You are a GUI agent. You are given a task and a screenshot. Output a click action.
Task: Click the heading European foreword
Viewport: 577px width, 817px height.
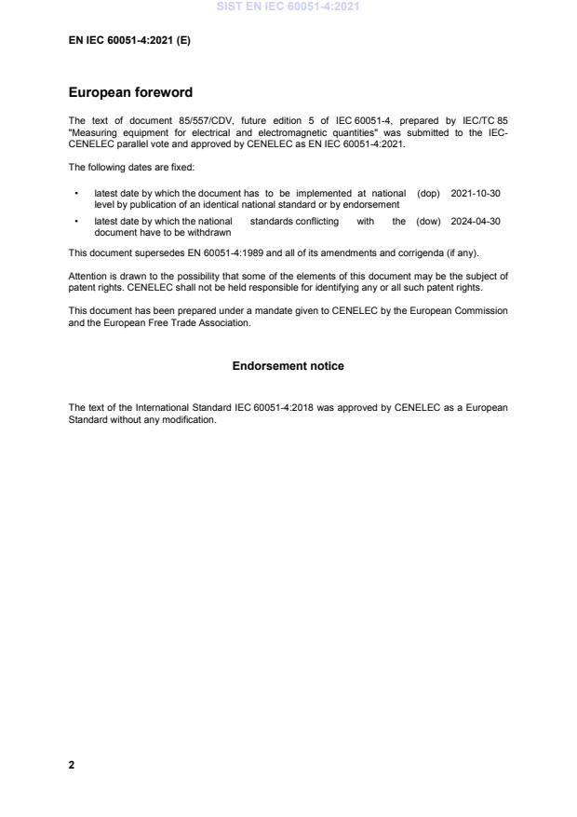point(131,93)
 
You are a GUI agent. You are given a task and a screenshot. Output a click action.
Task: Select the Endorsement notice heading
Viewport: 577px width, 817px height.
point(288,366)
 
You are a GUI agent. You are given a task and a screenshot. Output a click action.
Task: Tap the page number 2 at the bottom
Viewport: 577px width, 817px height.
point(72,765)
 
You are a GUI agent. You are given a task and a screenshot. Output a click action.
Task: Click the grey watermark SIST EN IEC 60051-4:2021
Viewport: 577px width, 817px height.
point(288,7)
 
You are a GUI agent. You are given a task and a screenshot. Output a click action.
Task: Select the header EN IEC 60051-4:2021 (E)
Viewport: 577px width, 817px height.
point(129,41)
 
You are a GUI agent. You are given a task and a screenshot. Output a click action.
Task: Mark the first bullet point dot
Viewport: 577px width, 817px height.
point(75,193)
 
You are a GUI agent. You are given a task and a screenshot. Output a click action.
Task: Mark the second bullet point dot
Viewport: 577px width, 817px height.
point(75,222)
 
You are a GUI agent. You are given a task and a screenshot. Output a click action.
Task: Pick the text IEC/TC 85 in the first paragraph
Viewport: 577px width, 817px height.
point(484,121)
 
